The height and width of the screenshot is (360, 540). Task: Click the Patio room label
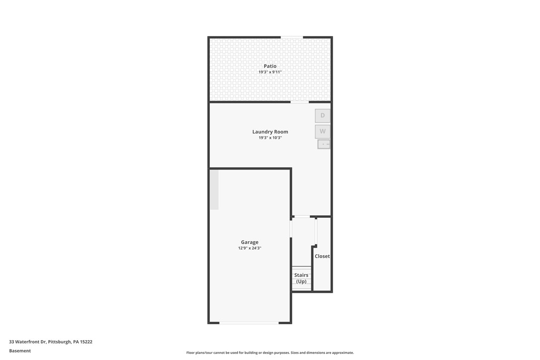(x=270, y=66)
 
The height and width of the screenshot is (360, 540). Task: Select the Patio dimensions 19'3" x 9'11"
(x=270, y=72)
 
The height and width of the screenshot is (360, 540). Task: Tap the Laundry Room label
(x=270, y=132)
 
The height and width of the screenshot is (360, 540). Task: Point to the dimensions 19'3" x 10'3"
(x=270, y=138)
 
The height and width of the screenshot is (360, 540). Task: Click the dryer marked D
(x=323, y=116)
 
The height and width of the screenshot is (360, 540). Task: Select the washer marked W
(x=323, y=131)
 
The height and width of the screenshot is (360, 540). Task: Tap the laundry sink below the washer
(x=324, y=144)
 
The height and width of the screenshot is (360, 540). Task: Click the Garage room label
(x=250, y=242)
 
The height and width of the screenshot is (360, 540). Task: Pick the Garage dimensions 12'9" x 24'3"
(x=250, y=248)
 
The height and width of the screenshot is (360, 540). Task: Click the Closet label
(x=322, y=256)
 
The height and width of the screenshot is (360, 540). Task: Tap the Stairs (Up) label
(x=301, y=278)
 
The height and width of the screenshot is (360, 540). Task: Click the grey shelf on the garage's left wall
(x=214, y=189)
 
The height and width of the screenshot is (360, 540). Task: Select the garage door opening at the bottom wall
(x=249, y=323)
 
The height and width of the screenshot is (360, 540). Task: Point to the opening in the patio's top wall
(x=292, y=37)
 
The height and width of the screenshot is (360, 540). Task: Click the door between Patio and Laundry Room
(x=299, y=102)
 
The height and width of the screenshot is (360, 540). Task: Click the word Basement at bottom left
(x=20, y=351)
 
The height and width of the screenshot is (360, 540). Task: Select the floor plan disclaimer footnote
(x=270, y=353)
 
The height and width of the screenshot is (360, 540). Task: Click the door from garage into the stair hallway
(x=291, y=229)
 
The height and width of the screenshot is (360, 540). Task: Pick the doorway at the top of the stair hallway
(x=302, y=216)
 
